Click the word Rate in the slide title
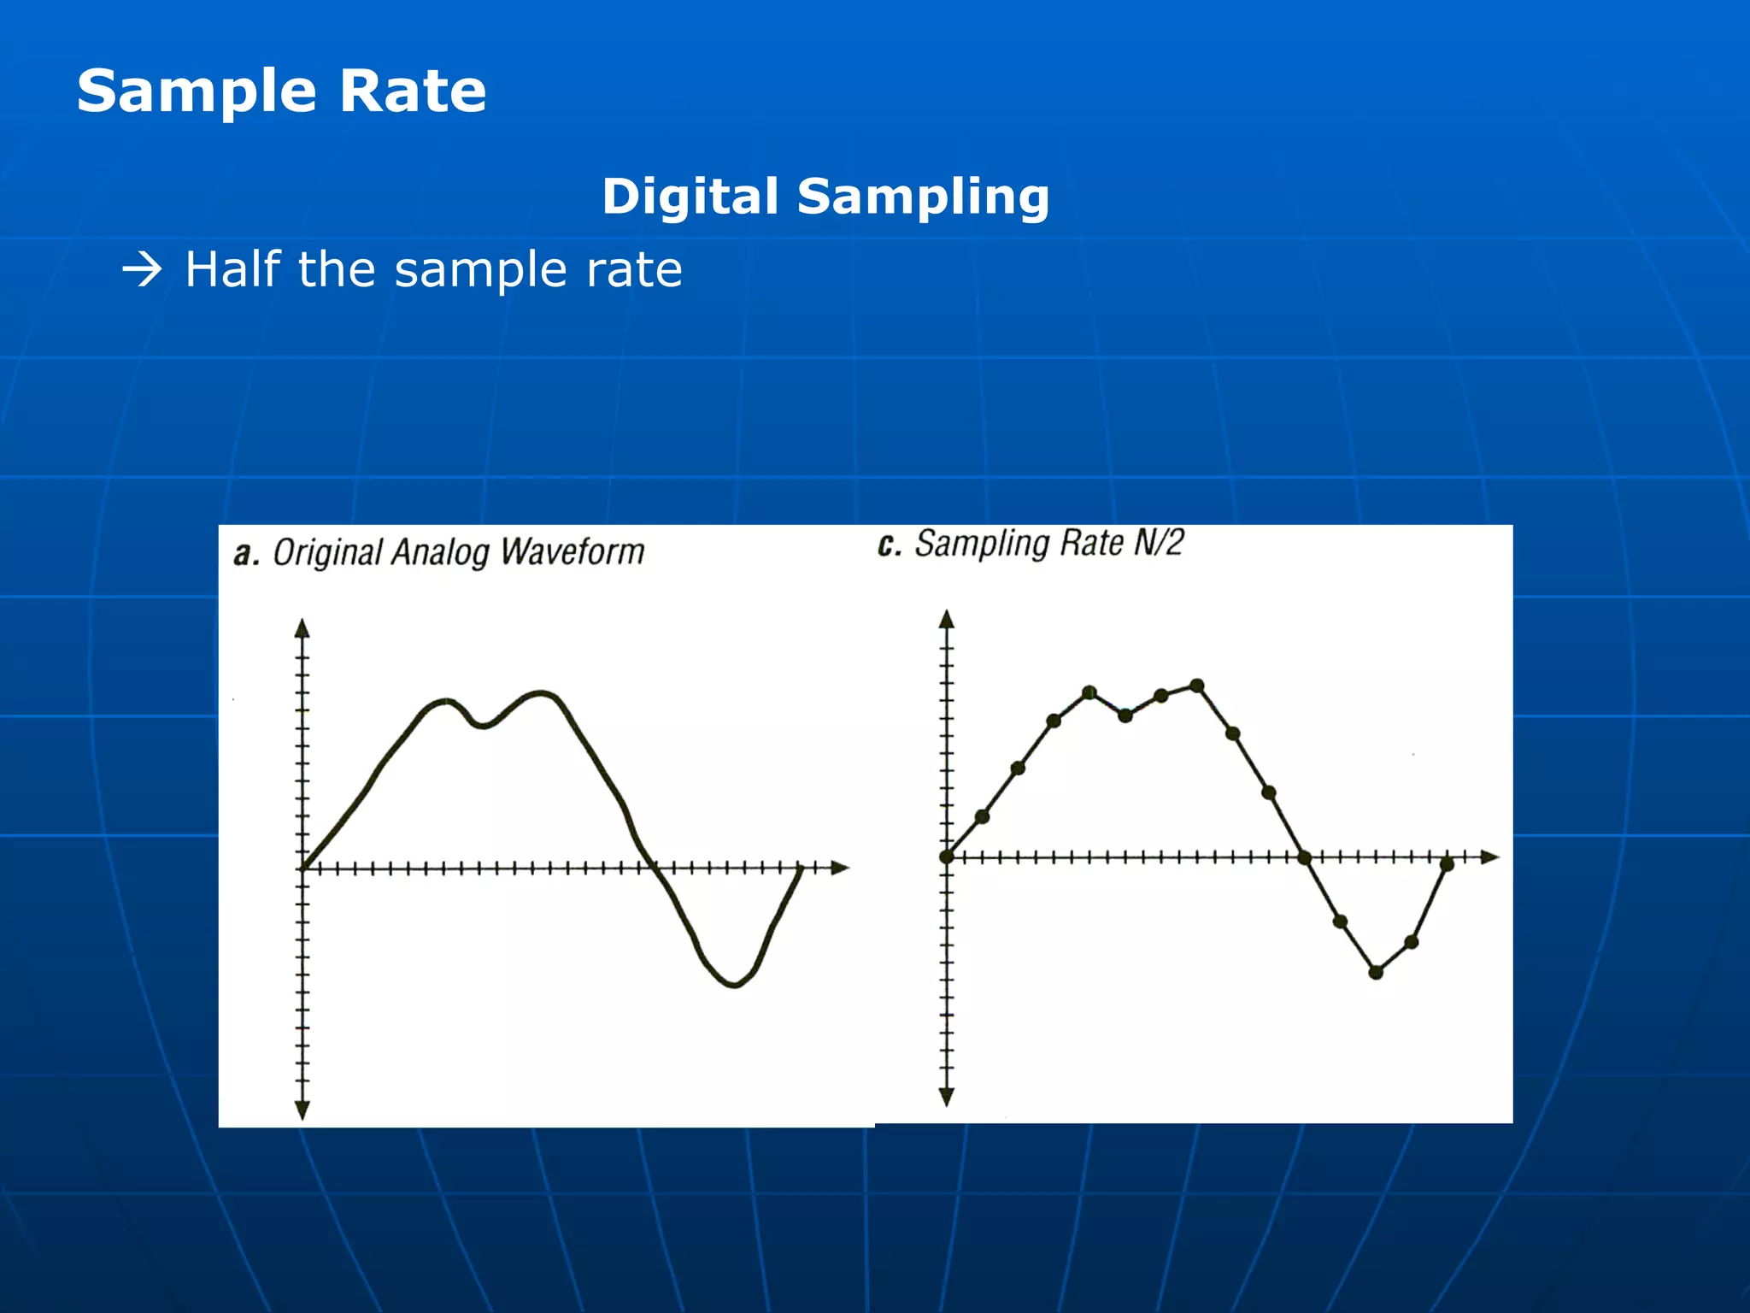pos(413,91)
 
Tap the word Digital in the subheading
pos(690,197)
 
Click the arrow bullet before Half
pos(142,271)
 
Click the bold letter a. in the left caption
pos(246,554)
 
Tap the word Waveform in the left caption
pos(573,552)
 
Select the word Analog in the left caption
pos(440,554)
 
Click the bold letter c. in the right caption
pos(890,545)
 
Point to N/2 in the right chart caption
pos(1159,543)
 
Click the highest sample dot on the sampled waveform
pos(1197,686)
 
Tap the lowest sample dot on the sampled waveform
pos(1376,972)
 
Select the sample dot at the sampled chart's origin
pos(946,857)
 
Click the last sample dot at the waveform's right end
pos(1447,865)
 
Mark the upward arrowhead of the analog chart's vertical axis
pos(302,628)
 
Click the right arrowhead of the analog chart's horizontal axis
pos(841,868)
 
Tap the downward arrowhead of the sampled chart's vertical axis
pos(946,1097)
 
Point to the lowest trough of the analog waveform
pos(735,986)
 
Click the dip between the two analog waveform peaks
pos(483,726)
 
